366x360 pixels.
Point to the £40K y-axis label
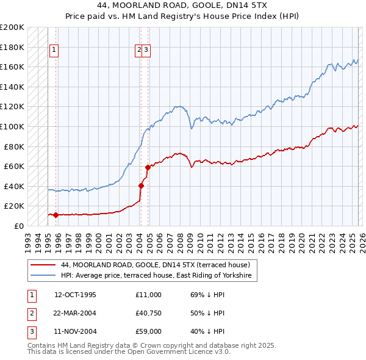14,186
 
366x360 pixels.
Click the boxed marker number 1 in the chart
54,50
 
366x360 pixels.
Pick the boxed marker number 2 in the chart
139,50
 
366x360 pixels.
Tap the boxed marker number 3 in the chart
147,50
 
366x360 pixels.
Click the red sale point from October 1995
56,215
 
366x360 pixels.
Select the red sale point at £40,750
141,185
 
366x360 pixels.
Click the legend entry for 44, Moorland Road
156,265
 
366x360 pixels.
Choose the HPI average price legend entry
160,276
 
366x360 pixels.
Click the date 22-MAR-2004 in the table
75,313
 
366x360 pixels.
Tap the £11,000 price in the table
148,295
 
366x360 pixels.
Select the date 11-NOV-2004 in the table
75,331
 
